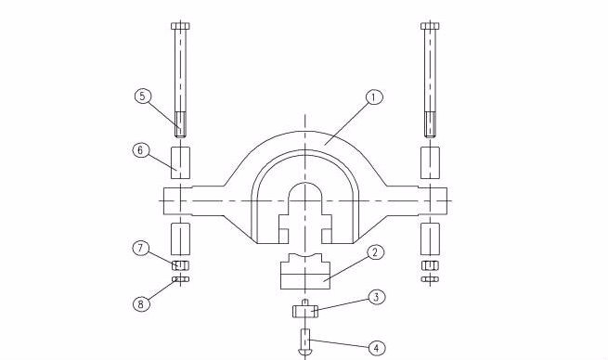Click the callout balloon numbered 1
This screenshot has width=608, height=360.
[x=374, y=97]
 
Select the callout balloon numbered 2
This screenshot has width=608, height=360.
[x=375, y=252]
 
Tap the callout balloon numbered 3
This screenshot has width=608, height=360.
[x=376, y=298]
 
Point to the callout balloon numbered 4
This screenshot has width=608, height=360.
[x=376, y=348]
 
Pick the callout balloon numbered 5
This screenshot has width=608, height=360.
[x=143, y=96]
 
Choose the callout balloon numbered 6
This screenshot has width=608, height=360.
[x=141, y=149]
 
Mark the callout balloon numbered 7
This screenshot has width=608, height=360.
[x=141, y=248]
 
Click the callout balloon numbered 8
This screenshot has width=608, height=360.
[x=141, y=303]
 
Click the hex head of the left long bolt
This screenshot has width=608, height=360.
[x=180, y=26]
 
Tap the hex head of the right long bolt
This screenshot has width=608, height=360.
[x=430, y=26]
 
